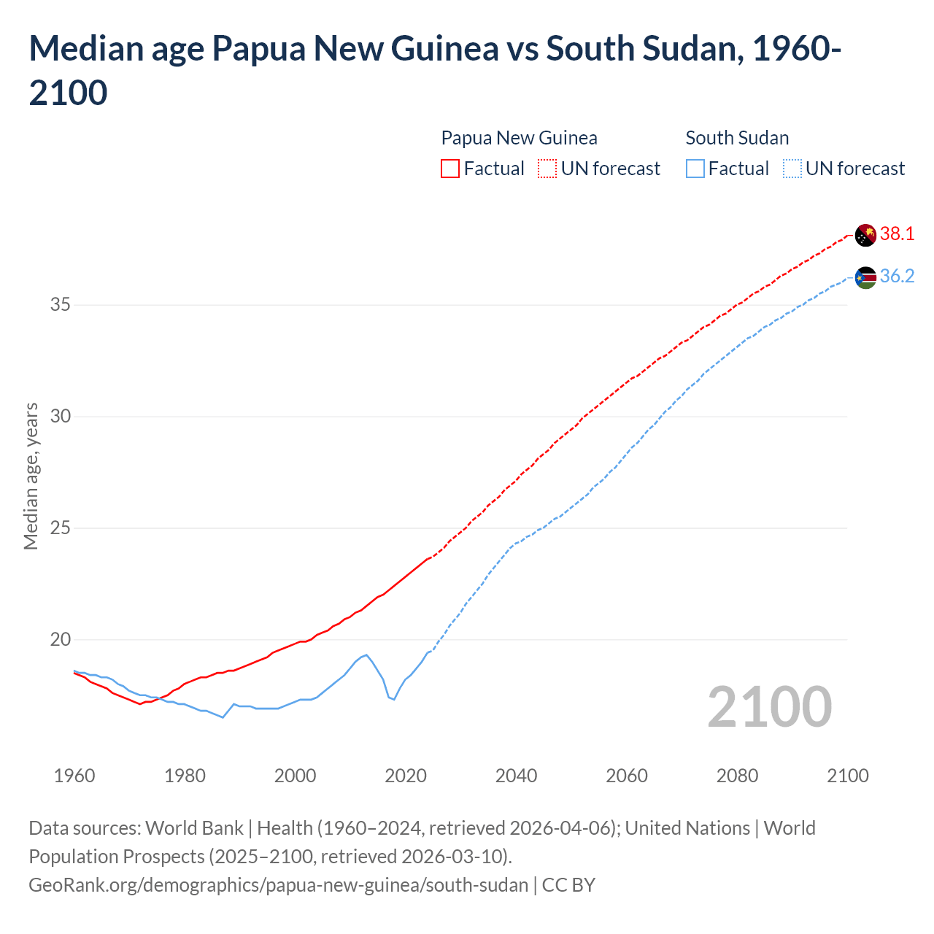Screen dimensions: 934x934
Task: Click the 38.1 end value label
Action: pos(897,233)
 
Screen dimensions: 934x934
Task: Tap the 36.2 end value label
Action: pos(897,276)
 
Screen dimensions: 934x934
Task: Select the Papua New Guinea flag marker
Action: pos(865,235)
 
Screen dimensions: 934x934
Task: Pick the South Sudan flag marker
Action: pos(865,277)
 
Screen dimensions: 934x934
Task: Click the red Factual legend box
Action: pos(450,169)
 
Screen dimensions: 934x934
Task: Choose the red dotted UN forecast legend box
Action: pos(547,169)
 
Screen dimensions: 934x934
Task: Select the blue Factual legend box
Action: pos(695,169)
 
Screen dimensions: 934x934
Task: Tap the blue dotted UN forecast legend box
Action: pos(792,169)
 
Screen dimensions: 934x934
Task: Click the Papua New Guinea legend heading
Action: pos(519,138)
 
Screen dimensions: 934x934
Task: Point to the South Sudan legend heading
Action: pos(737,138)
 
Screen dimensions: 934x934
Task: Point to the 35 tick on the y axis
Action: pos(60,304)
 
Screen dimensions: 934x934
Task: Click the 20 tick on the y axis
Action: pos(60,640)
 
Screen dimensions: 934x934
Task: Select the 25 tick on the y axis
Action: pos(60,528)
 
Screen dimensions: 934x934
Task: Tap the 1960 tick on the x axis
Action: pos(74,775)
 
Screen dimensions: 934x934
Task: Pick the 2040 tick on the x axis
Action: pos(517,775)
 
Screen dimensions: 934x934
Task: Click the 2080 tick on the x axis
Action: pos(737,775)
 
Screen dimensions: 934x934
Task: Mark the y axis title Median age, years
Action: pos(31,476)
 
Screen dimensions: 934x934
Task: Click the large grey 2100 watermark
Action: pos(769,706)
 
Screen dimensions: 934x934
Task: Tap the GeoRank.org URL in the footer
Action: pos(278,885)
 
